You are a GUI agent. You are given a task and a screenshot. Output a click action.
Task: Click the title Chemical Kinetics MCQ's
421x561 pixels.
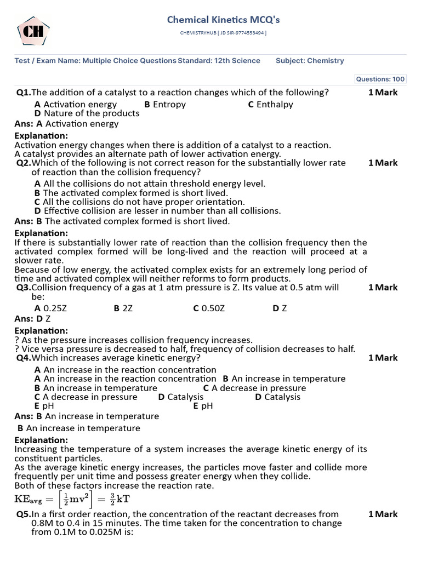click(223, 20)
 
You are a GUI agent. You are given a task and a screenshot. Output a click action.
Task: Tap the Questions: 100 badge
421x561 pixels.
click(380, 79)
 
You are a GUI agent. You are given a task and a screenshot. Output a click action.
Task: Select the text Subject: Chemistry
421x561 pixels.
click(310, 61)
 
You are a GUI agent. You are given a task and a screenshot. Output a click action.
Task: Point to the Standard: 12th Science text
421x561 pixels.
click(219, 61)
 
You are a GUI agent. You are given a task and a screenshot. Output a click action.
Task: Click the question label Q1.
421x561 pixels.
click(24, 93)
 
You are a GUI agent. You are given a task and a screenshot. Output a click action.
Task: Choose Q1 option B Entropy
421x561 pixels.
click(165, 104)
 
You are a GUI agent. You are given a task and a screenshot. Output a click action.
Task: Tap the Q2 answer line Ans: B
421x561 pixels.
click(122, 221)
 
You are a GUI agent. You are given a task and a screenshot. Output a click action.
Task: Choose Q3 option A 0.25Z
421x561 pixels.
click(50, 308)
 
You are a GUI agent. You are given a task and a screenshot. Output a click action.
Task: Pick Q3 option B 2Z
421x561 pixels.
click(123, 308)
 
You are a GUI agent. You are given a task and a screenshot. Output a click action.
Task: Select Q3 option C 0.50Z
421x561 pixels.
click(209, 308)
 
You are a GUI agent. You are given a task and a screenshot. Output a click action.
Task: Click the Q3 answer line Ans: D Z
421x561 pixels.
click(32, 318)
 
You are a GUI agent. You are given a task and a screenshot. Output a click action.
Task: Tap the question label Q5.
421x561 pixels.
click(24, 514)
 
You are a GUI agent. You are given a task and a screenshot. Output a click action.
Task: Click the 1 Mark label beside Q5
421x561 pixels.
click(383, 514)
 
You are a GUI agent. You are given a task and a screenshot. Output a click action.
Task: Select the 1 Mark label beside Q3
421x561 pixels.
click(383, 288)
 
